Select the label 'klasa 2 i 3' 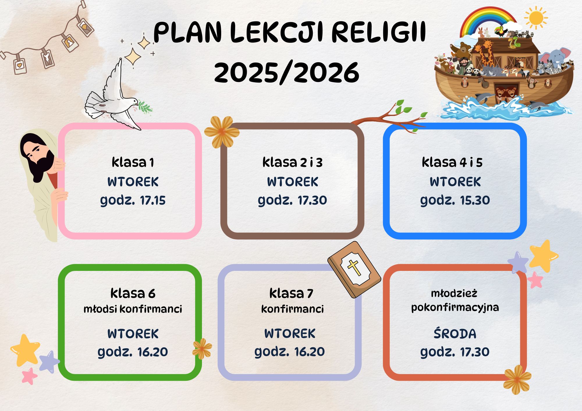[292, 162]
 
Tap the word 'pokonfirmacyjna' [455, 308]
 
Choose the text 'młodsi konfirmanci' [133, 309]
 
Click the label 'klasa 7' [291, 293]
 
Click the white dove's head [133, 101]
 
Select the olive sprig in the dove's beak [145, 107]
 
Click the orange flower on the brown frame [222, 132]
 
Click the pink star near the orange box [535, 280]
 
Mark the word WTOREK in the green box [133, 334]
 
